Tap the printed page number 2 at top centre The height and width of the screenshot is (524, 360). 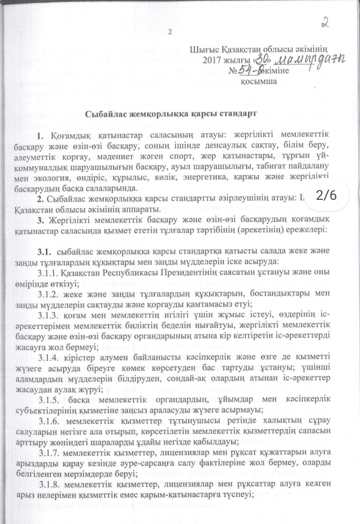pyautogui.click(x=170, y=32)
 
